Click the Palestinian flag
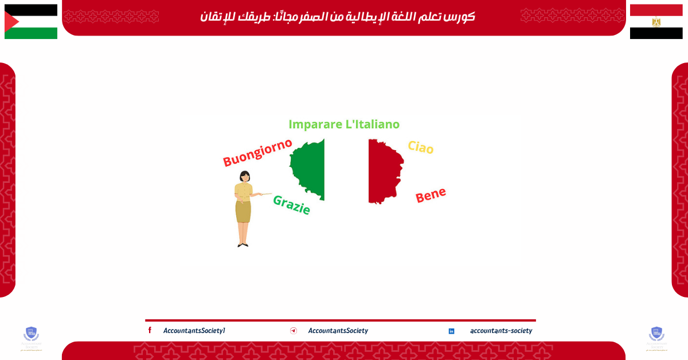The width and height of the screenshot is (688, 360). point(31,22)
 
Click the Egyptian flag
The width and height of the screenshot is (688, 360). point(656,22)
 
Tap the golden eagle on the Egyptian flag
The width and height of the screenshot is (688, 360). point(656,22)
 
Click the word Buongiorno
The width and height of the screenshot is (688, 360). point(257,152)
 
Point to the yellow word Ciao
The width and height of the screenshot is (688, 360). point(420,147)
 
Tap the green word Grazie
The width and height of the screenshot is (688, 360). point(291,205)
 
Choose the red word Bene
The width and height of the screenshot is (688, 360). point(431,195)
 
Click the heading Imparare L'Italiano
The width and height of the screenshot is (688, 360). point(344,124)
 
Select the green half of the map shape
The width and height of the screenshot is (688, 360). point(310,169)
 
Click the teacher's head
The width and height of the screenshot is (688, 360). point(245,176)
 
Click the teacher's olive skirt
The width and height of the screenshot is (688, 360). point(243,211)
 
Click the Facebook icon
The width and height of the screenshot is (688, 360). point(150,330)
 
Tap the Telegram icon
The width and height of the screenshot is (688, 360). point(294,331)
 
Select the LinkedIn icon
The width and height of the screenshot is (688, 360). point(451,331)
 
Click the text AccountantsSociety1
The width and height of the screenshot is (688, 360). point(194,331)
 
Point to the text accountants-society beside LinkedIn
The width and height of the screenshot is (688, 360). point(501,331)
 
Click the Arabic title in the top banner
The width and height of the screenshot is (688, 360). point(338,17)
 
